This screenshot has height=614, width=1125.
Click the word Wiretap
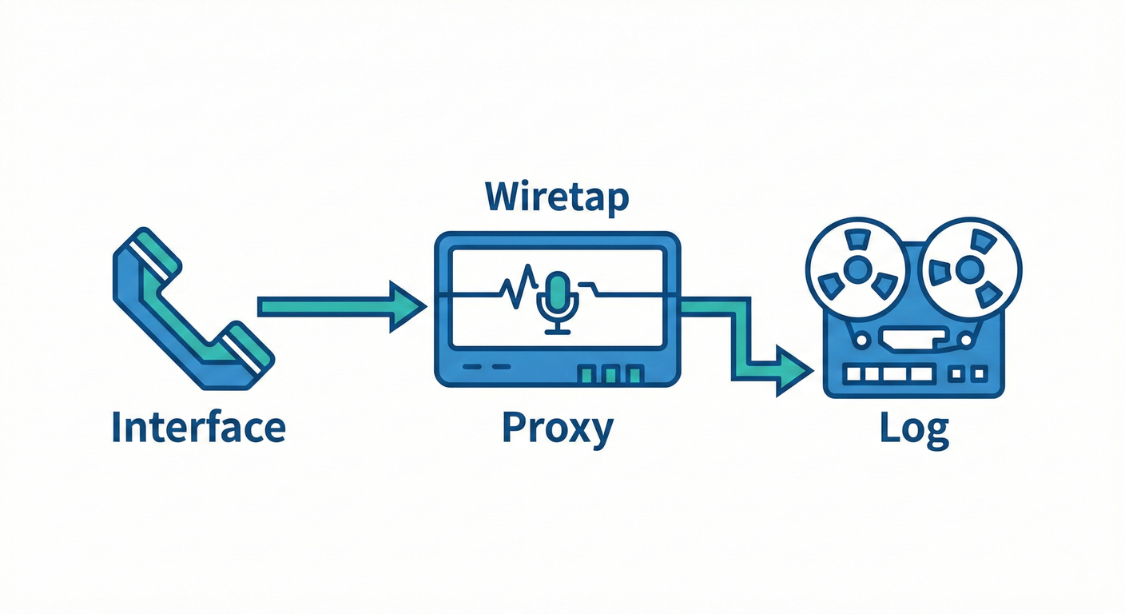pos(557,197)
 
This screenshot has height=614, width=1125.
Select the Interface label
pos(199,428)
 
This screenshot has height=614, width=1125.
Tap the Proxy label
pos(558,429)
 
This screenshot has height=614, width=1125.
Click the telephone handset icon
pos(193,309)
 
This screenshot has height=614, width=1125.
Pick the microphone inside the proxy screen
pos(558,302)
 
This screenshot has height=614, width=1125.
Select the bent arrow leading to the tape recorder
pos(742,341)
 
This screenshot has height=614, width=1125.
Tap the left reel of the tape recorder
pos(857,269)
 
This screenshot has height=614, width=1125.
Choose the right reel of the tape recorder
pos(970,269)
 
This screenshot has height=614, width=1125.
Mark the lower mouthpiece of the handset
pos(246,352)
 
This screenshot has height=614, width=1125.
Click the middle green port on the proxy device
pos(610,375)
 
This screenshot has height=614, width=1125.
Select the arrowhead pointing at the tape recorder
pos(794,371)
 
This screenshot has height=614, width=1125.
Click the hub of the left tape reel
pos(857,269)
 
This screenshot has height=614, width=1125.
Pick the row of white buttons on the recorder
pos(889,374)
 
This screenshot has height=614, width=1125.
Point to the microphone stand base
pos(558,331)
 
